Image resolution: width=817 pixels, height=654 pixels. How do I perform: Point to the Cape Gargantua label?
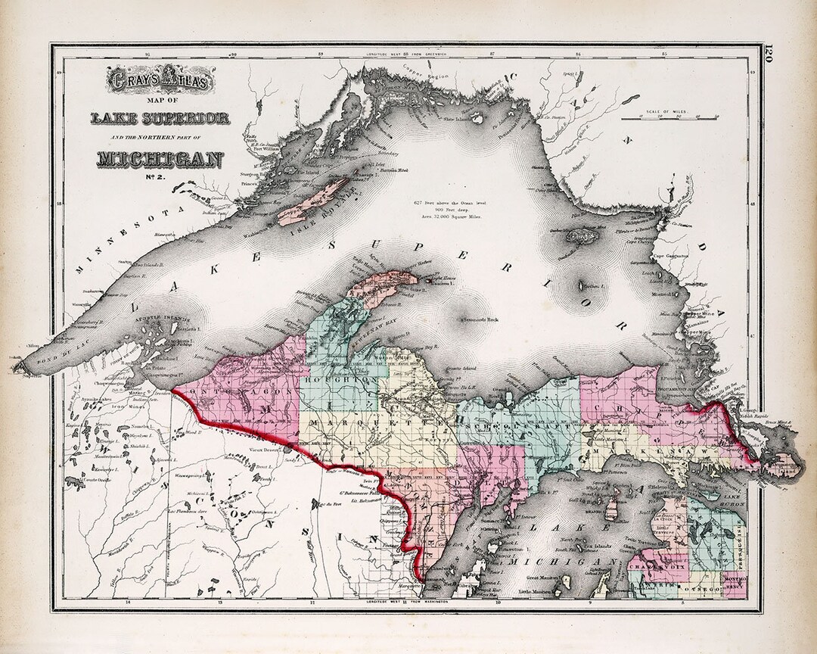click(670, 256)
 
